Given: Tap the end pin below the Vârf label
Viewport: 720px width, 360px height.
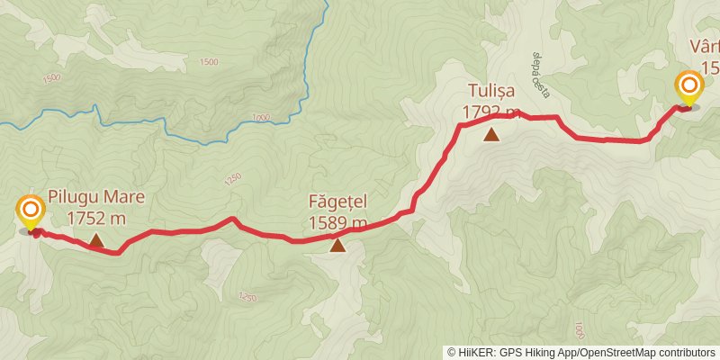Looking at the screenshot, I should click(689, 89).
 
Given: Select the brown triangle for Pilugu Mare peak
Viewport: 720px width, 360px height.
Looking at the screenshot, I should click(96, 240).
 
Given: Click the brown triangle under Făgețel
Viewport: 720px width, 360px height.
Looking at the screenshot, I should click(337, 245).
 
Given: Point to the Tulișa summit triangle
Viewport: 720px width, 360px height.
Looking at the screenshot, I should click(491, 135).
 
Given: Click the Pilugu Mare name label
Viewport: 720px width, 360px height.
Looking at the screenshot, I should click(95, 198).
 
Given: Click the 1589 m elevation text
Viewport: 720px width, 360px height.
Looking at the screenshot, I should click(337, 223).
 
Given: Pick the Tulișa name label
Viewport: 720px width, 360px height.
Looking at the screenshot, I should click(492, 91).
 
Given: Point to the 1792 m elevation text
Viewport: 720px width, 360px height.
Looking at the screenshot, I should click(492, 112).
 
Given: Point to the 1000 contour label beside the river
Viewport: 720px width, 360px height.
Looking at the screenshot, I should click(262, 118).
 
